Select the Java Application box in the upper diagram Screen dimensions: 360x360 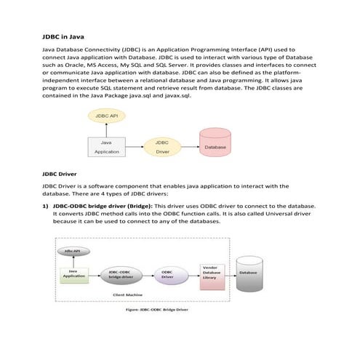107,148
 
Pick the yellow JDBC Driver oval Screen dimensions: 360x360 162,148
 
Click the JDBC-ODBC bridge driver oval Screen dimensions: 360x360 121,274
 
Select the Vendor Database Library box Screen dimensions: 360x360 212,273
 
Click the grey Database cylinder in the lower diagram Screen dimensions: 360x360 248,273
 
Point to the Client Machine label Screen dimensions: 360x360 127,295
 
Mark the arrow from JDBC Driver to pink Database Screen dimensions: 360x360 187,148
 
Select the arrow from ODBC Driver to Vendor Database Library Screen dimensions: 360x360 188,274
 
